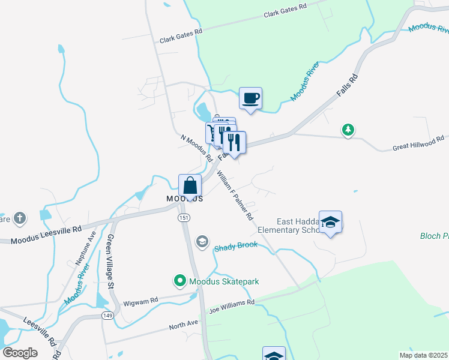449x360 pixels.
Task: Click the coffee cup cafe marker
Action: (x=250, y=98)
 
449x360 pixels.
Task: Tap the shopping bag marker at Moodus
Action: (x=190, y=185)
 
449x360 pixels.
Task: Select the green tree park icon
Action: (x=348, y=130)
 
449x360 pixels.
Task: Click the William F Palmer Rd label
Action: (x=235, y=195)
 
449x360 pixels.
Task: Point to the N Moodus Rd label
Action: (x=197, y=148)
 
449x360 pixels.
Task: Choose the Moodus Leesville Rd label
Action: (x=45, y=235)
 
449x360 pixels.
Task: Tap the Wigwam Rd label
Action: (x=140, y=299)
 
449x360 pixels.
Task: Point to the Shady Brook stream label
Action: (x=236, y=245)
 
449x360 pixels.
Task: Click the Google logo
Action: (x=20, y=353)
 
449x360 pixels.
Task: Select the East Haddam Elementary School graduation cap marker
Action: (x=330, y=223)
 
